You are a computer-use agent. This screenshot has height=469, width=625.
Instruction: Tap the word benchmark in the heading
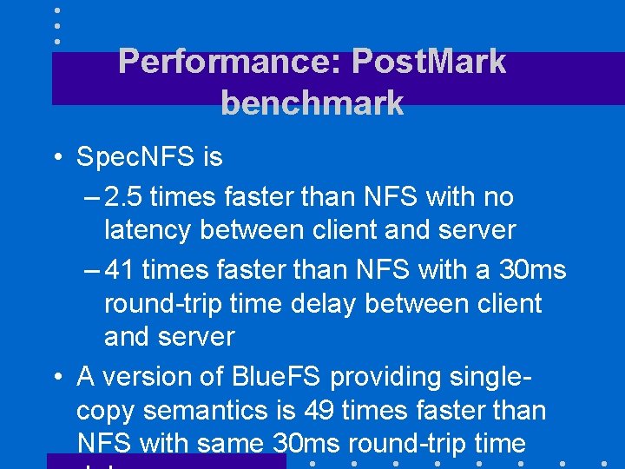(312, 102)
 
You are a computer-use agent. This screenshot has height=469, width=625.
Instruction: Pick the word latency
(148, 230)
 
